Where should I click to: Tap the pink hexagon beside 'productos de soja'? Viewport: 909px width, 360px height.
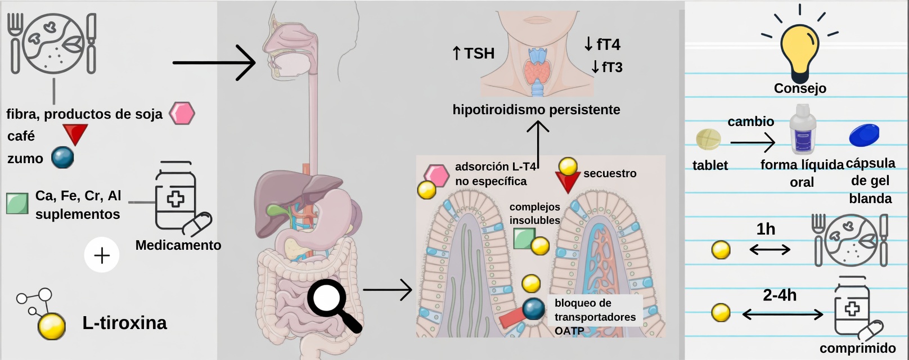182,113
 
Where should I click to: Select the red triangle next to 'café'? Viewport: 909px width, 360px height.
75,134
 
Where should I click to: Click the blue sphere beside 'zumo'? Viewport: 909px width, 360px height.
62,158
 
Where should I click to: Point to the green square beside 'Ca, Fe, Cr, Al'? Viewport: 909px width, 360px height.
17,204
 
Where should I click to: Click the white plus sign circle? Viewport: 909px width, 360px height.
102,255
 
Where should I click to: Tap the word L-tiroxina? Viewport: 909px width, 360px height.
124,323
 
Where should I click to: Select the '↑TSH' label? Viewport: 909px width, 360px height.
473,53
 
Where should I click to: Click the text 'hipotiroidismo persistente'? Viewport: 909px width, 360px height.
536,110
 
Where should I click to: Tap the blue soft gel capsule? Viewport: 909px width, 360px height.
863,135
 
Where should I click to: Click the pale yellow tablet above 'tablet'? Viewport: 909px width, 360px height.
708,139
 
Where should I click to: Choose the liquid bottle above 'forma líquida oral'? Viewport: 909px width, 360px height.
803,130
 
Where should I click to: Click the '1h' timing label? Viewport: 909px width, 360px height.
766,229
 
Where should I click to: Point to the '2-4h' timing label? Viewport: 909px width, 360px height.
780,295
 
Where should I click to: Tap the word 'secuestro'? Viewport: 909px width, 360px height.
610,173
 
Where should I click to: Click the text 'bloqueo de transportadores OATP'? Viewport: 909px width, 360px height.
595,317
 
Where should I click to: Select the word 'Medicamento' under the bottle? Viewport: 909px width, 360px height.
178,245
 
